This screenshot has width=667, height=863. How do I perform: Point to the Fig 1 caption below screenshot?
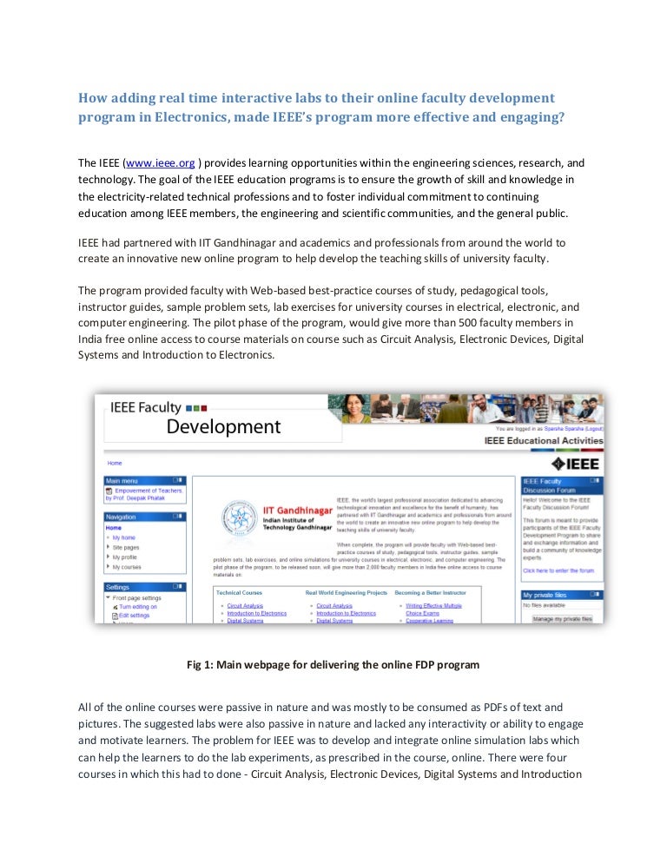click(x=333, y=665)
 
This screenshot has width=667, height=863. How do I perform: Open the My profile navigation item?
click(x=126, y=557)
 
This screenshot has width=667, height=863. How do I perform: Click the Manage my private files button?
click(x=562, y=619)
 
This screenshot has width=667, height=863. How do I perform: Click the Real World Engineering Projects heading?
click(x=346, y=592)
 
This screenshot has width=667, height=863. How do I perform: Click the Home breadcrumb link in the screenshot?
click(x=115, y=464)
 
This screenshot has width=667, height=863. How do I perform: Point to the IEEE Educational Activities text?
click(x=543, y=441)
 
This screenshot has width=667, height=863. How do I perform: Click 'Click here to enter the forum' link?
click(x=558, y=570)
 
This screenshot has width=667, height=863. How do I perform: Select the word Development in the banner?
click(x=223, y=426)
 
